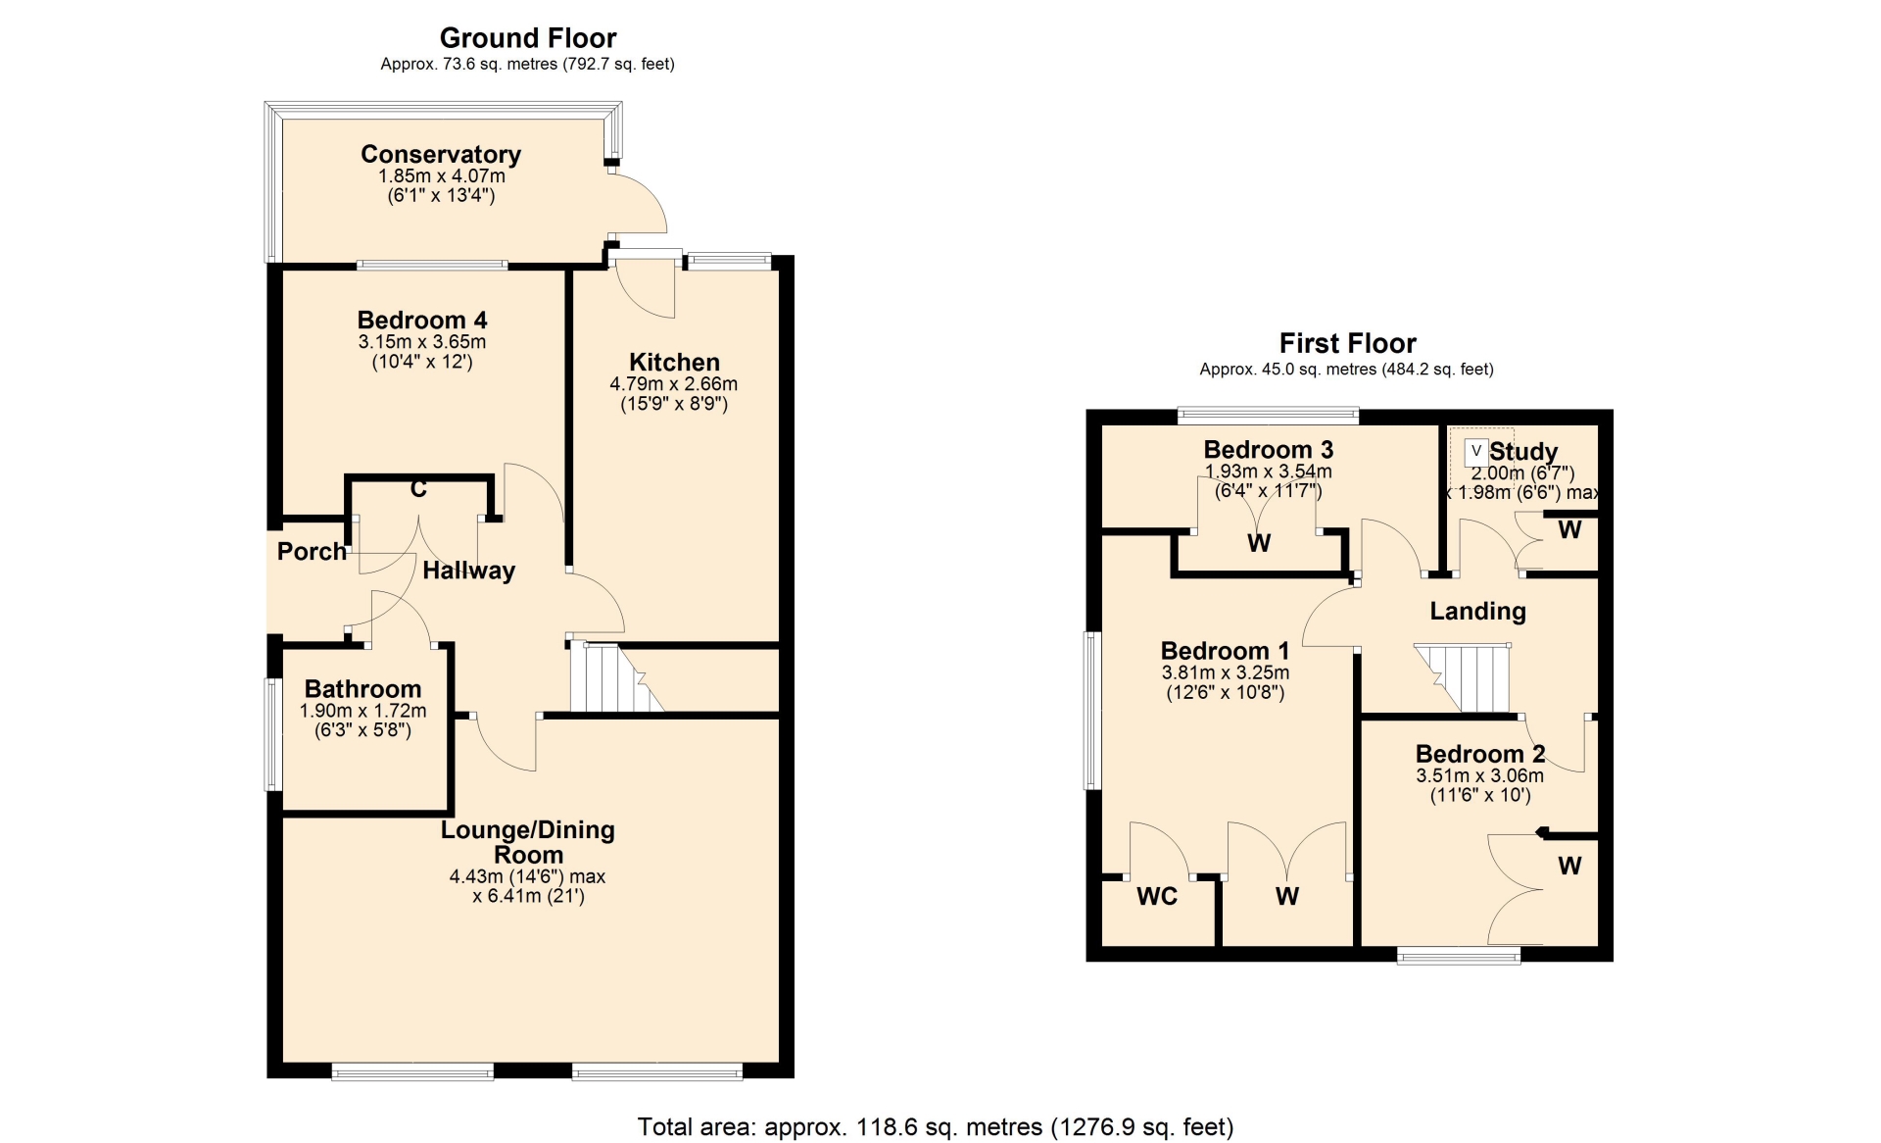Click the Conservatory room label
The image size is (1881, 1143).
click(441, 154)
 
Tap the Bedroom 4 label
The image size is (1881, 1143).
click(422, 320)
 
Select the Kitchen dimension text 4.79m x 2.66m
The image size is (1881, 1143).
click(674, 384)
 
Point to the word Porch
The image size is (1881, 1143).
click(312, 551)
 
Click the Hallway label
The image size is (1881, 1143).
click(468, 571)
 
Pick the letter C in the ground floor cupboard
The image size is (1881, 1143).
click(418, 488)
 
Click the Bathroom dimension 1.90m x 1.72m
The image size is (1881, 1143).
click(362, 711)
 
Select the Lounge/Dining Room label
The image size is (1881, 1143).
click(528, 842)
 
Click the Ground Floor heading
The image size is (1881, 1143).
click(528, 38)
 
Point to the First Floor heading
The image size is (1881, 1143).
click(1347, 343)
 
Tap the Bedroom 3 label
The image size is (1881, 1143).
click(1268, 449)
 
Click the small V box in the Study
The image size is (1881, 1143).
click(1476, 452)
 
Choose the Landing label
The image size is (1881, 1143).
click(1477, 612)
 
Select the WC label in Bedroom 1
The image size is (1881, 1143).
click(1157, 896)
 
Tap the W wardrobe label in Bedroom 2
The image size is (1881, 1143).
click(1569, 866)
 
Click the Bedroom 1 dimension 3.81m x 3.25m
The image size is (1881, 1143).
click(1225, 673)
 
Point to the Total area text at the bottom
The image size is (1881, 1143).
click(936, 1127)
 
